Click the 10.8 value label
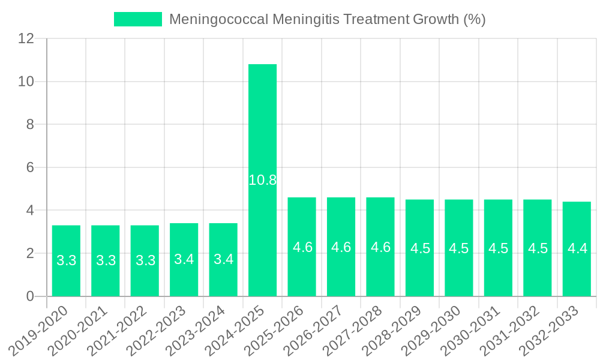pyautogui.click(x=262, y=180)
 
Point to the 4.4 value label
pyautogui.click(x=577, y=248)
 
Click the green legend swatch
pyautogui.click(x=138, y=19)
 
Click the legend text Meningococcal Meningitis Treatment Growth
pyautogui.click(x=327, y=19)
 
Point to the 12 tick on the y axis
pyautogui.click(x=26, y=38)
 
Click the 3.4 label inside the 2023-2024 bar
pyautogui.click(x=223, y=260)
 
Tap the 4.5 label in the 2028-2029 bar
pyautogui.click(x=420, y=248)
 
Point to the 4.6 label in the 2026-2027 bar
pyautogui.click(x=341, y=247)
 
